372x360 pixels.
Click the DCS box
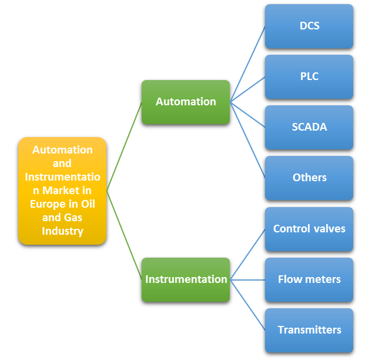(x=309, y=26)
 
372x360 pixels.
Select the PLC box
(x=309, y=76)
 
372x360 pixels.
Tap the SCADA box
(x=309, y=127)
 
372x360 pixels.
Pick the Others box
(x=309, y=178)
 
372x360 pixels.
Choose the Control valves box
(x=309, y=229)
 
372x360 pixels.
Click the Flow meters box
(x=309, y=279)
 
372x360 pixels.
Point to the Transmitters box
(x=309, y=330)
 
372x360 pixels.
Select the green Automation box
(x=186, y=102)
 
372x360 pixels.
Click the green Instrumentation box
(x=186, y=279)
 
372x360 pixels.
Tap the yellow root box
(x=62, y=191)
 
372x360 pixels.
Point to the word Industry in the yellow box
(x=62, y=231)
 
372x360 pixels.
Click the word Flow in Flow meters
(x=289, y=279)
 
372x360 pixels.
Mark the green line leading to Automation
(x=124, y=146)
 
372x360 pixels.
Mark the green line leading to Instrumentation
(x=124, y=235)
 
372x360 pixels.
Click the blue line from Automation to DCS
(x=247, y=64)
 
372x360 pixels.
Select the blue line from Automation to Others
(x=247, y=139)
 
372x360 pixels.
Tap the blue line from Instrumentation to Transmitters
(x=247, y=305)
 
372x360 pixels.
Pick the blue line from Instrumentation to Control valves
(x=247, y=254)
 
